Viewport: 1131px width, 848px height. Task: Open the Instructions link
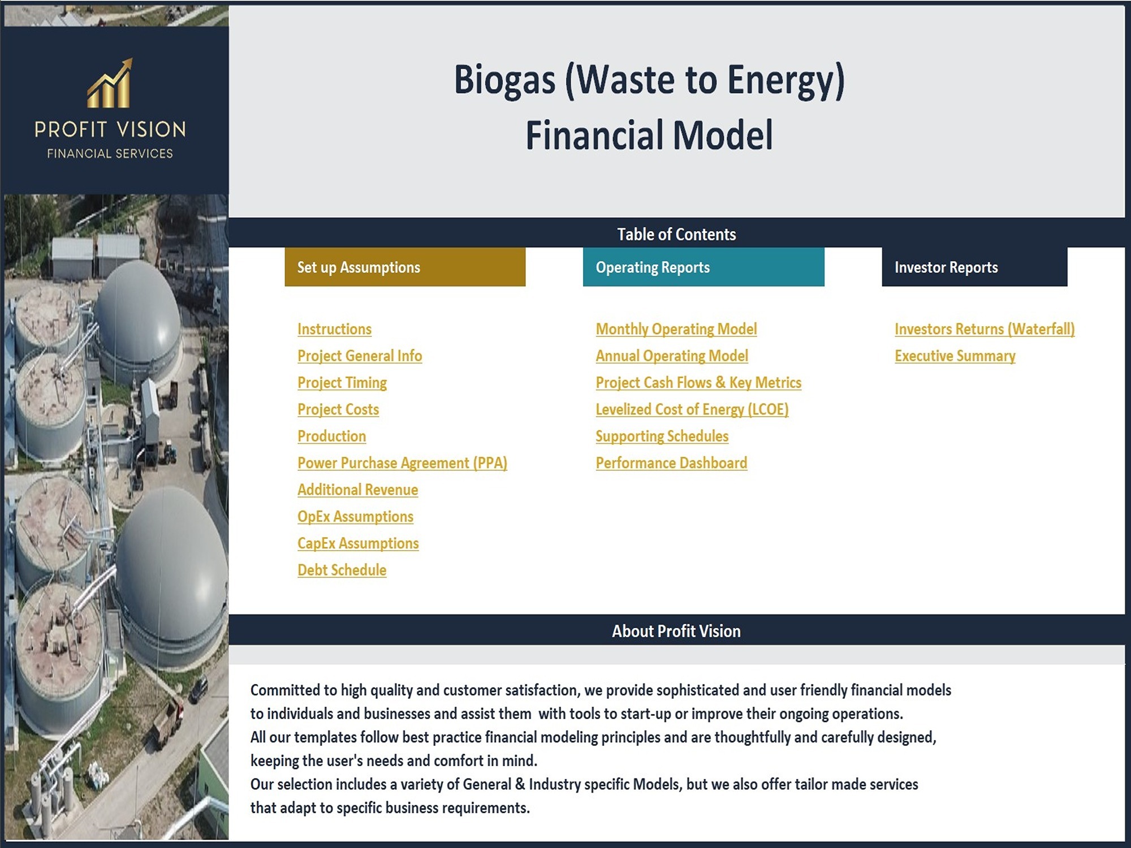tap(334, 329)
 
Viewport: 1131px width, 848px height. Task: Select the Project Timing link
tap(342, 383)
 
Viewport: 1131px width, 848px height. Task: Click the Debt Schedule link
tap(342, 570)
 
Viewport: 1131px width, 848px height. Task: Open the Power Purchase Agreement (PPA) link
tap(402, 463)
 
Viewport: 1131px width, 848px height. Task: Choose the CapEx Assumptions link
tap(358, 543)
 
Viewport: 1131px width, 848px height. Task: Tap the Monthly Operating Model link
tap(676, 329)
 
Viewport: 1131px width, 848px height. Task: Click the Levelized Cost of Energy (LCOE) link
tap(692, 409)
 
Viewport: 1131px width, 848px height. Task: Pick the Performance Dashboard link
tap(671, 463)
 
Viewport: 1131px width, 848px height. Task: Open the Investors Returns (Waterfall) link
tap(985, 329)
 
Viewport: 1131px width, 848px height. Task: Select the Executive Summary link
tap(955, 356)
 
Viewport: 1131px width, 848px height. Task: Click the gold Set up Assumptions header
tap(405, 267)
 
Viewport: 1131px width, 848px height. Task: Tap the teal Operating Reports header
tap(703, 267)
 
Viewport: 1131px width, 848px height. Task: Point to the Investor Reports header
tap(974, 267)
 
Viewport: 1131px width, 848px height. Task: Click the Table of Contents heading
tap(676, 234)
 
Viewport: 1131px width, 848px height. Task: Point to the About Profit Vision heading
tap(676, 631)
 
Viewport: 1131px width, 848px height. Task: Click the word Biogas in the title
tap(505, 80)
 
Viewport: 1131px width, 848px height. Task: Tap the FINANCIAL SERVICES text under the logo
tap(110, 154)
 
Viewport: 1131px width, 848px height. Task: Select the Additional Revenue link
tap(358, 490)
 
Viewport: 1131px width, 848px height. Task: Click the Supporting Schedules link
tap(662, 436)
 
